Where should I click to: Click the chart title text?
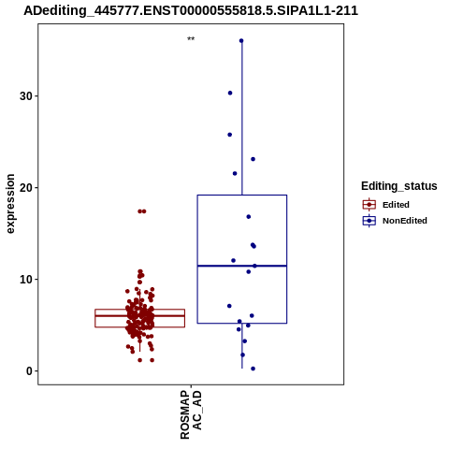191,11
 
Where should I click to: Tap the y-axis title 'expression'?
10,204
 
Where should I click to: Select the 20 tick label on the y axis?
26,188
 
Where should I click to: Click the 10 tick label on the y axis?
26,280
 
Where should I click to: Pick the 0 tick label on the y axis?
30,371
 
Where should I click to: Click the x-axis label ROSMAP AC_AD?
191,414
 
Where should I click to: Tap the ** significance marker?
191,39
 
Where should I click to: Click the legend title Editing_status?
399,186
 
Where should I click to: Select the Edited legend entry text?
396,205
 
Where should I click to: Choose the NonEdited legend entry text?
405,221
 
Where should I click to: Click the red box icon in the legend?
369,205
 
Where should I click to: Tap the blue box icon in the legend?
369,221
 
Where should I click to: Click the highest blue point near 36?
241,41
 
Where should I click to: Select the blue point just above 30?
230,93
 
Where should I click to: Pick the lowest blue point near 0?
253,369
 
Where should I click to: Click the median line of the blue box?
242,266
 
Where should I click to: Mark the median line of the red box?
139,316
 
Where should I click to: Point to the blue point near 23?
253,159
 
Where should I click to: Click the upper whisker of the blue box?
242,118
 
